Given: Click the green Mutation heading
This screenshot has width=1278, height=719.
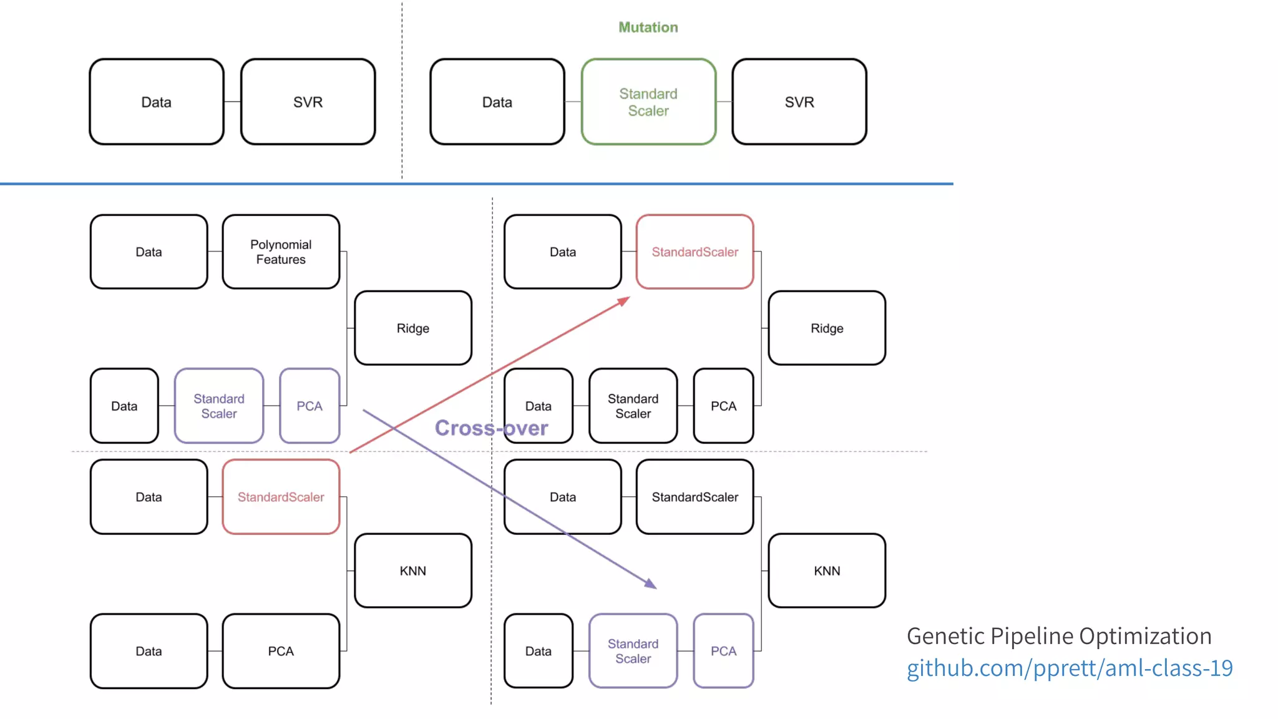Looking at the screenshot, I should tap(648, 27).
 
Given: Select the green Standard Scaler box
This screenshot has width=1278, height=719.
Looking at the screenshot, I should tap(648, 102).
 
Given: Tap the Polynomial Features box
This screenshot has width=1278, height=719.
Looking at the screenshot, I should tap(281, 252).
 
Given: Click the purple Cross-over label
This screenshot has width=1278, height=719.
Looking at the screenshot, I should tap(491, 428).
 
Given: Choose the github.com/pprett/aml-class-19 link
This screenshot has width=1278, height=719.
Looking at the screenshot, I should tap(1069, 668).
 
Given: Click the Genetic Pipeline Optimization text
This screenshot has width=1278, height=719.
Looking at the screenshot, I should tap(1058, 636).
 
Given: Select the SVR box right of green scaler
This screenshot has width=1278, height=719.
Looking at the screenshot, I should tap(799, 102).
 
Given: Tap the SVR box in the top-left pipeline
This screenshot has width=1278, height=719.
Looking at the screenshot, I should tap(308, 102).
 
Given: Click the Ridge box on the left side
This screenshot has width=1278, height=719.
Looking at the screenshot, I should tap(412, 328).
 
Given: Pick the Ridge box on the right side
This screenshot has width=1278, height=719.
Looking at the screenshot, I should tap(827, 328).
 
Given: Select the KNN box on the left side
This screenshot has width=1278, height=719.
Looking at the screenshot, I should tap(412, 570).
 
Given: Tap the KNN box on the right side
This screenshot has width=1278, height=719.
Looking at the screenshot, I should tap(827, 570).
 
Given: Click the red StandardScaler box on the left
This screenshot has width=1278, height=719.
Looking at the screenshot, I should tap(281, 497).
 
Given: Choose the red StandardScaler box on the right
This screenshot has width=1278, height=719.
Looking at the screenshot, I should tap(695, 252).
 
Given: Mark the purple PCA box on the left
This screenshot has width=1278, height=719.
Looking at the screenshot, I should tap(310, 406).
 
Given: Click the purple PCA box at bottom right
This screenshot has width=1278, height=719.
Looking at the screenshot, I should tap(723, 651).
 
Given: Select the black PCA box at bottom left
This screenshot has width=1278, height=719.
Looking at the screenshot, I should tap(281, 651).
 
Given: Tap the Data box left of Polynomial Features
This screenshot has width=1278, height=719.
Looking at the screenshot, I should tap(149, 252).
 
